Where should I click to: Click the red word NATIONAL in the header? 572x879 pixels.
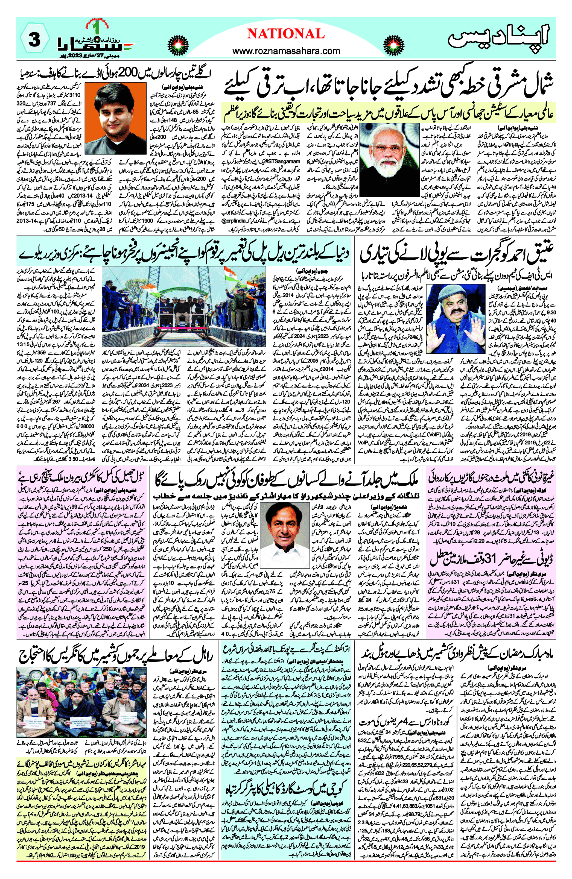pyautogui.click(x=286, y=34)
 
